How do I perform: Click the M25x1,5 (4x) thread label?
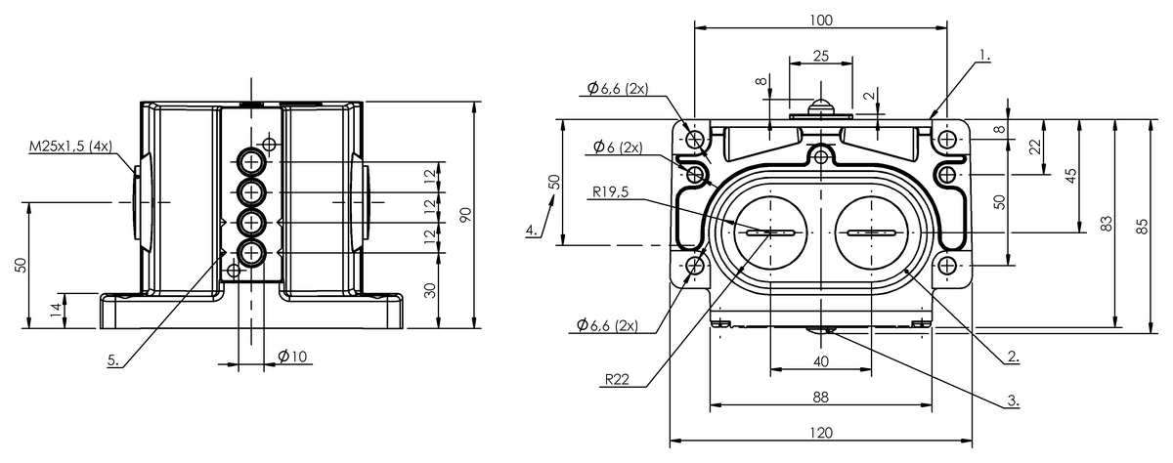70,146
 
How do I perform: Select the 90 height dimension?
465,215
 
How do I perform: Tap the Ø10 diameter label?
292,357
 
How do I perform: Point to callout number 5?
113,359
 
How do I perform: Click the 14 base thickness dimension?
56,311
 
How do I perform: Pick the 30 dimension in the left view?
430,290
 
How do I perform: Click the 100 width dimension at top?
820,20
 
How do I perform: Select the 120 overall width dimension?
820,433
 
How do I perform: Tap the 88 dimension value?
820,398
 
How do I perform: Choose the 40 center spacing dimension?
820,361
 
